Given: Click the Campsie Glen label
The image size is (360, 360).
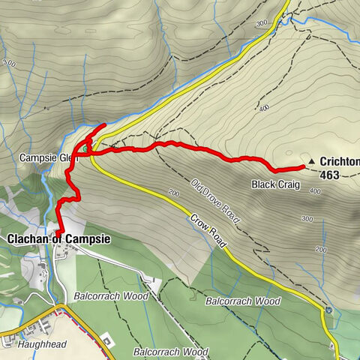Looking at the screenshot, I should (x=46, y=158).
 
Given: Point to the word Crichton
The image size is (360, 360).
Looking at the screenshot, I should (x=339, y=162).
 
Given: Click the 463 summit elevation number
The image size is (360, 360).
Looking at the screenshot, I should (x=329, y=175).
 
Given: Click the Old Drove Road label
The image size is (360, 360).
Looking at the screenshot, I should (x=214, y=202).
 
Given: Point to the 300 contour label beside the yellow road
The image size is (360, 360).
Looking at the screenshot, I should (x=261, y=25).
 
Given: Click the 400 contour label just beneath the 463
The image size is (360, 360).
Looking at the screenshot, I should (x=314, y=192).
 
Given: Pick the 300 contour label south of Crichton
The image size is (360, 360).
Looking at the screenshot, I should (x=306, y=219).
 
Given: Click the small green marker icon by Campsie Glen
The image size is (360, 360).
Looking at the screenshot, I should (x=86, y=148).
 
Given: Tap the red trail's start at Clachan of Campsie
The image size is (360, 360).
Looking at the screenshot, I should (x=57, y=232).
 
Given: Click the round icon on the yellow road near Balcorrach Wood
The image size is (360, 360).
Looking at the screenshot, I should (x=328, y=309).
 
